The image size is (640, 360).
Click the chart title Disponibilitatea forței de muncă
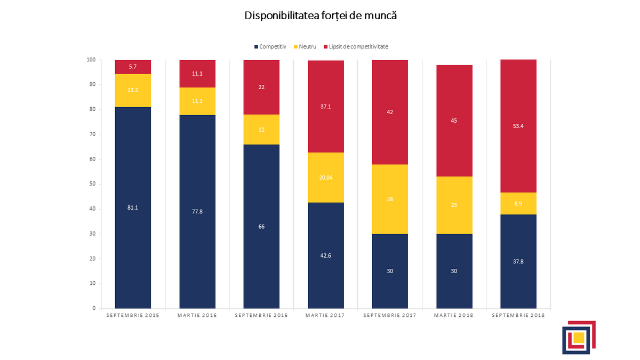[x=321, y=15]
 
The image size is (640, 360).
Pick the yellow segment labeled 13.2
[x=133, y=90]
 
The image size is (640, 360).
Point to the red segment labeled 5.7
[x=133, y=67]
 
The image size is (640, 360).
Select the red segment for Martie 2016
[x=197, y=74]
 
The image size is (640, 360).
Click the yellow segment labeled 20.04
[x=325, y=178]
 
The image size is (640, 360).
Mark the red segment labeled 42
[x=390, y=112]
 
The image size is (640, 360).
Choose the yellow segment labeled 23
[x=454, y=205]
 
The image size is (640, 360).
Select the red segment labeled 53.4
[x=518, y=126]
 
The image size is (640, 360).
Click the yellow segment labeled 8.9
[x=518, y=203]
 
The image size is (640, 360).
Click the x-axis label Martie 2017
[x=325, y=316]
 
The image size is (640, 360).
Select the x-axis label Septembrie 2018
[x=518, y=316]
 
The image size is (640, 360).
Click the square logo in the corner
[x=578, y=337]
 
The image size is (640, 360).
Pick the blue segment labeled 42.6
[x=325, y=256]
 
